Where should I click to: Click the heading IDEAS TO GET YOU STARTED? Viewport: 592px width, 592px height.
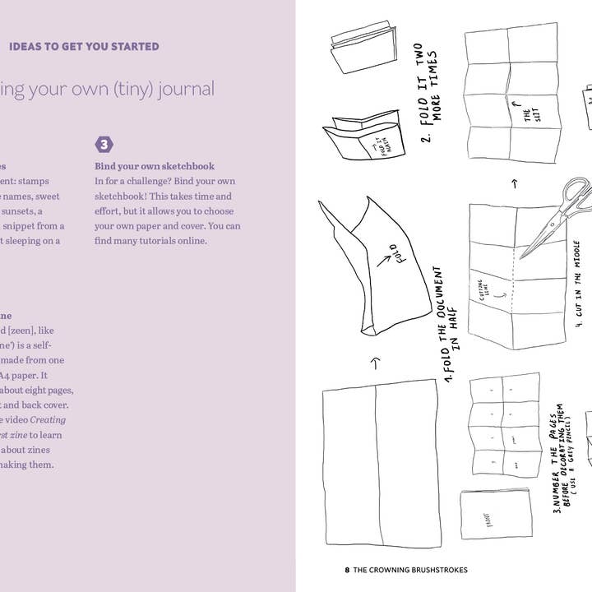pos(84,47)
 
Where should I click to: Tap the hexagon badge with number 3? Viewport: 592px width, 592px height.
pos(104,145)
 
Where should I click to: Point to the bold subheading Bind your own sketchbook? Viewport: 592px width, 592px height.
pos(155,166)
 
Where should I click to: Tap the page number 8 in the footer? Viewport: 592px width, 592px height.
pos(348,570)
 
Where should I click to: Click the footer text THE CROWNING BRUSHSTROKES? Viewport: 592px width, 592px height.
pos(410,570)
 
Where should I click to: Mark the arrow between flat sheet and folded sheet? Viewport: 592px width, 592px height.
pos(374,362)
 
